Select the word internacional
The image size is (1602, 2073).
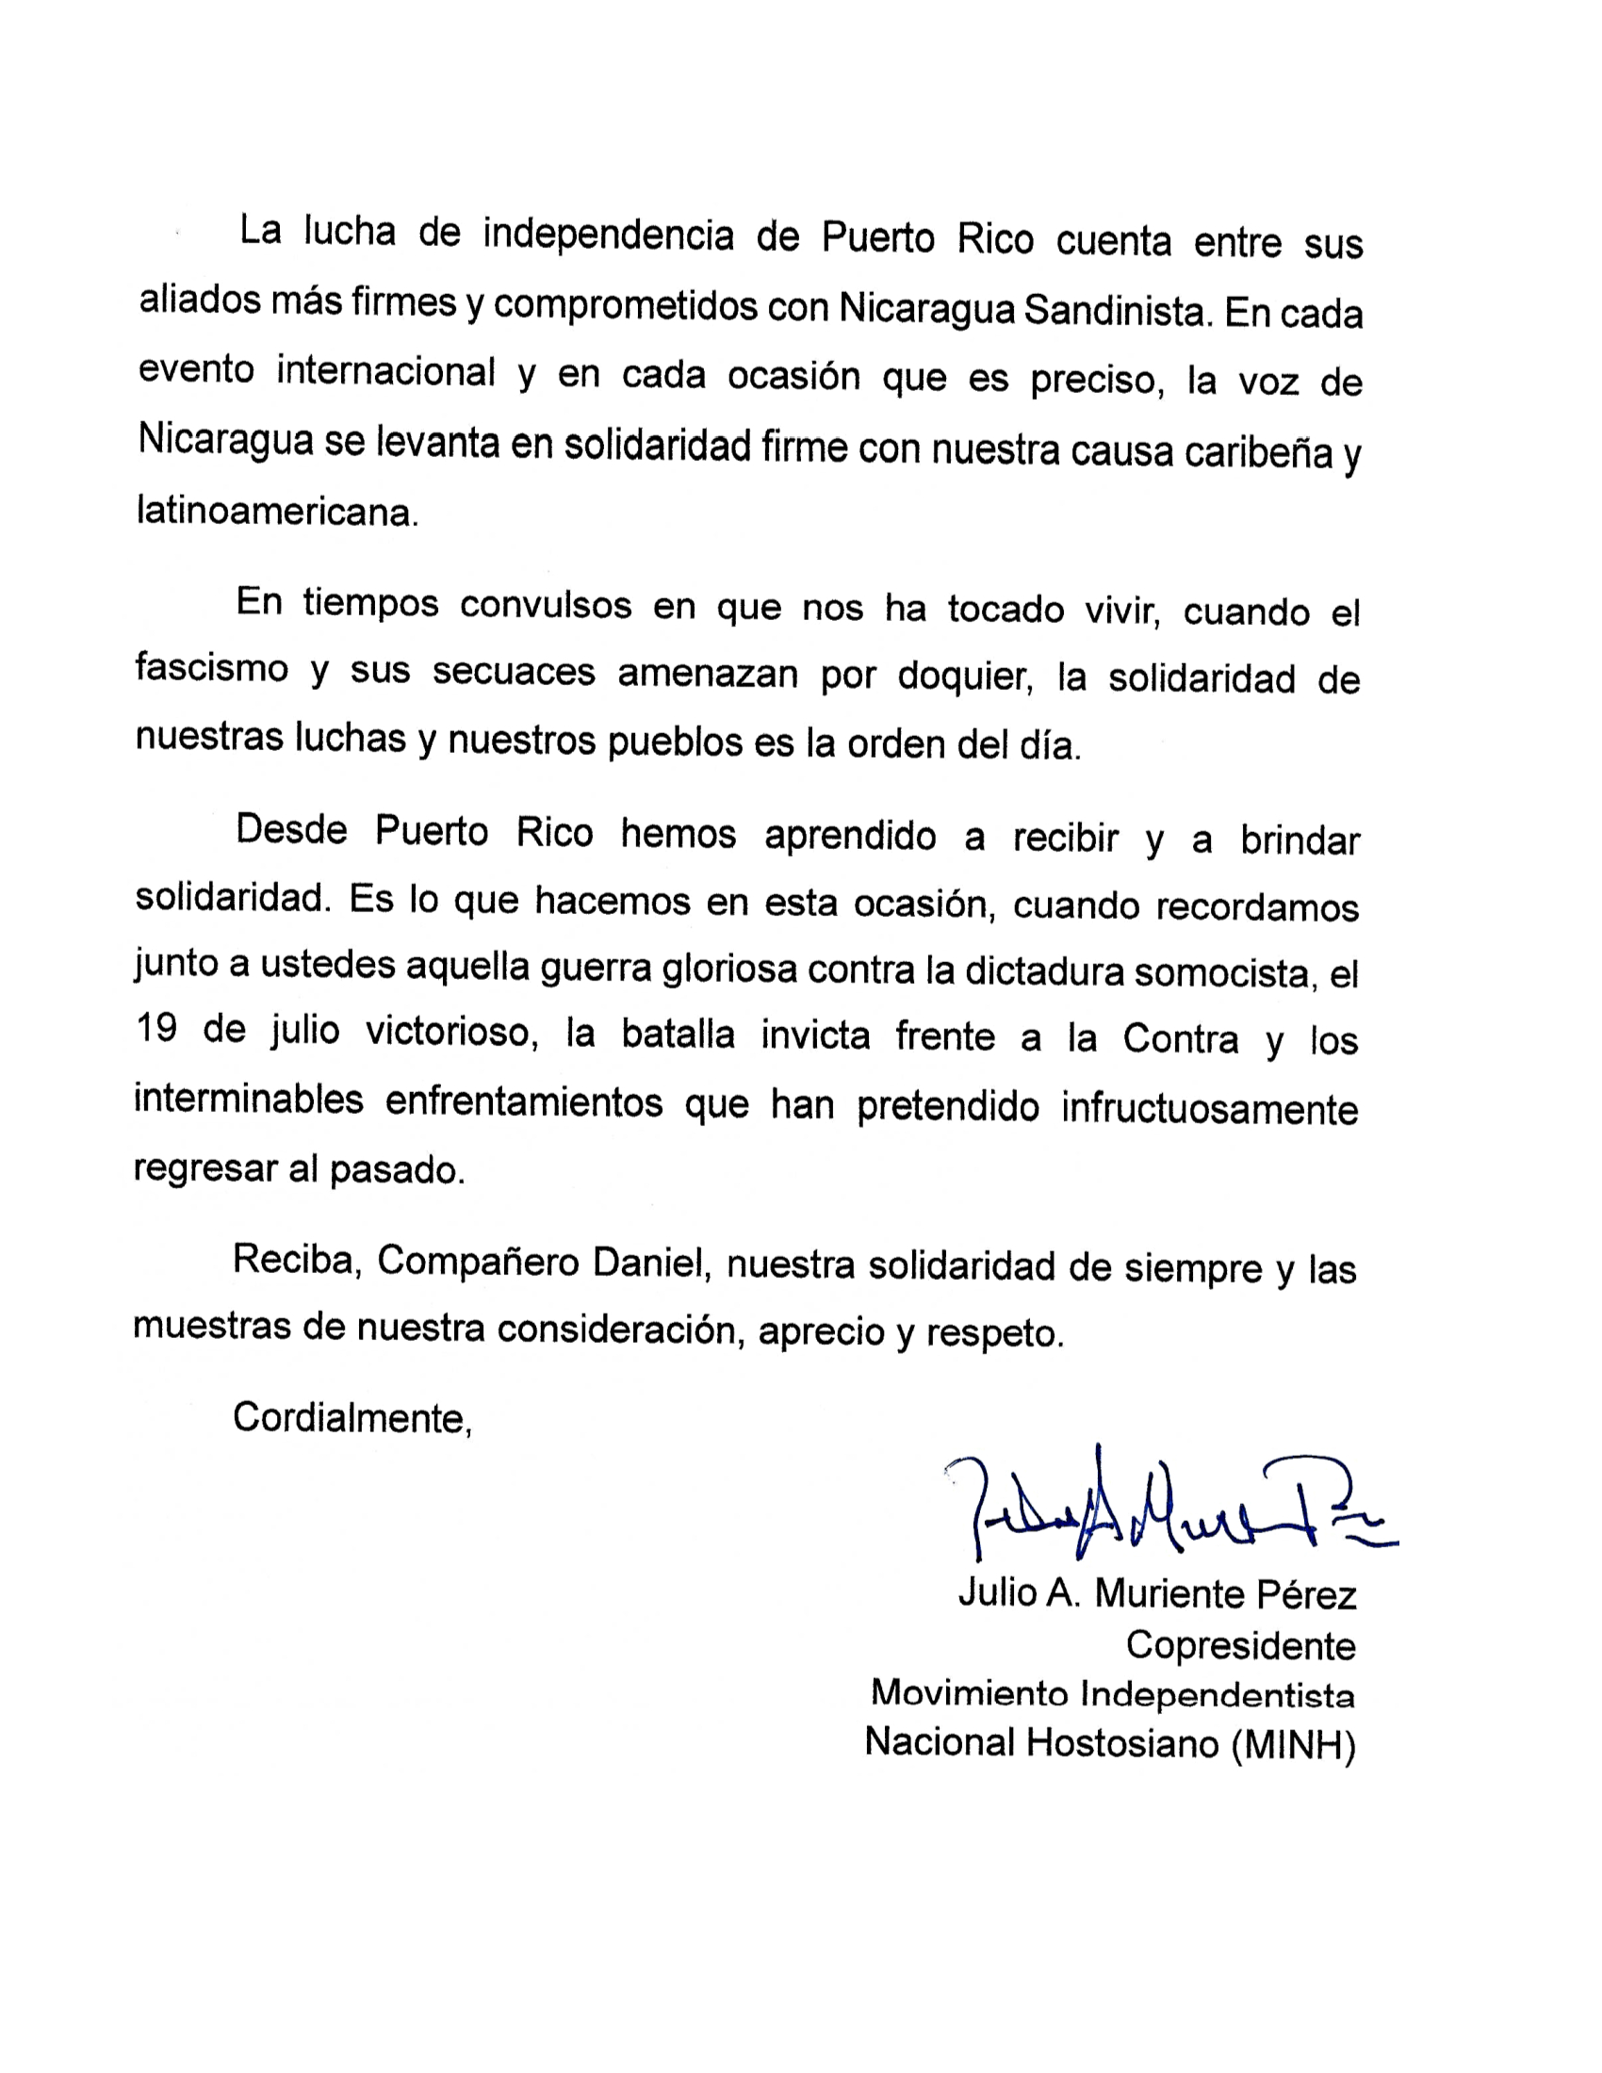pos(386,372)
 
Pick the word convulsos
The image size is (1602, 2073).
pos(546,606)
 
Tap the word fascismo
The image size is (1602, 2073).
pos(212,668)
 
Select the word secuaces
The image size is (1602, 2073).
pos(514,672)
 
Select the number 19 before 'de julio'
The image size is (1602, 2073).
pos(156,1029)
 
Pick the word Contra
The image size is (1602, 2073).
pos(1181,1039)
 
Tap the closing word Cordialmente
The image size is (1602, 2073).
pos(352,1418)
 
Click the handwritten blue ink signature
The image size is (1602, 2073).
pos(1168,1509)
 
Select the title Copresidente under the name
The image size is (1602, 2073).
pos(1240,1645)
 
